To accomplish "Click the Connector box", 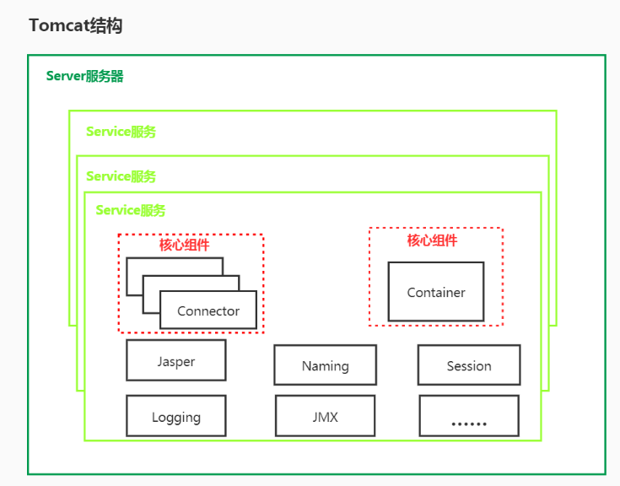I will click(208, 310).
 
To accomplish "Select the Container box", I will click(435, 292).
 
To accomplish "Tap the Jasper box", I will click(175, 361).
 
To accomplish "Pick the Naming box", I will click(325, 365).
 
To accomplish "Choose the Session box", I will click(468, 365).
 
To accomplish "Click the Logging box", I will click(175, 416).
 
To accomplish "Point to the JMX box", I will click(325, 416).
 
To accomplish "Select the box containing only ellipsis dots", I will click(468, 416).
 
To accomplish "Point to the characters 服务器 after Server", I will click(105, 76).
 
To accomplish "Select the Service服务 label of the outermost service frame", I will click(121, 132).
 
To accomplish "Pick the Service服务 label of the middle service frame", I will click(121, 176).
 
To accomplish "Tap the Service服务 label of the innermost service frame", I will click(131, 210).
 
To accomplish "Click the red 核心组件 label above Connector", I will click(185, 246).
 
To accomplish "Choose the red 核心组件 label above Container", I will click(432, 240).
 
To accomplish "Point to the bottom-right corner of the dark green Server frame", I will click(605, 473).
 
